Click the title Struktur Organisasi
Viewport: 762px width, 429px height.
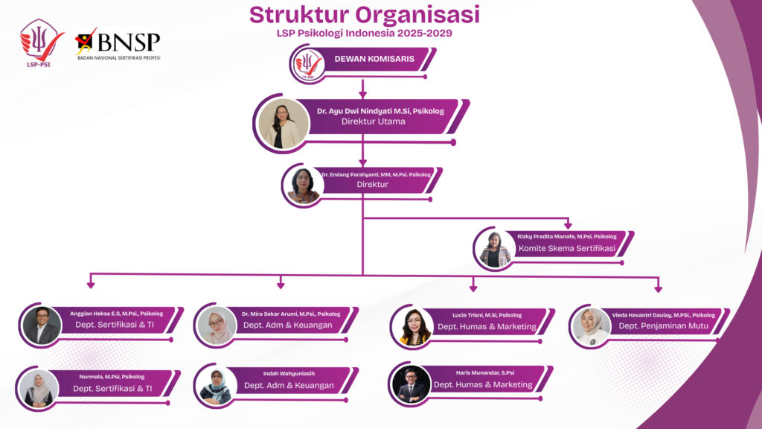[364, 14]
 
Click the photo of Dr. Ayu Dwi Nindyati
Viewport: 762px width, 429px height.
[284, 124]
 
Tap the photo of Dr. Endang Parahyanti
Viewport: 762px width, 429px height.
[304, 185]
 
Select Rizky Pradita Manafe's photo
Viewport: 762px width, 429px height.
[495, 249]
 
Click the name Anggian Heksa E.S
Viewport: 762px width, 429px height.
[116, 314]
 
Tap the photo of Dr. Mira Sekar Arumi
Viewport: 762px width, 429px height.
[217, 325]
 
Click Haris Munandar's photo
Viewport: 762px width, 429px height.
[412, 384]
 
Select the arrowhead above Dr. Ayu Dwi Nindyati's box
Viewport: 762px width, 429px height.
[363, 94]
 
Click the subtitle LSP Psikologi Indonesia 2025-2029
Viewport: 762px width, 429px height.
[364, 33]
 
